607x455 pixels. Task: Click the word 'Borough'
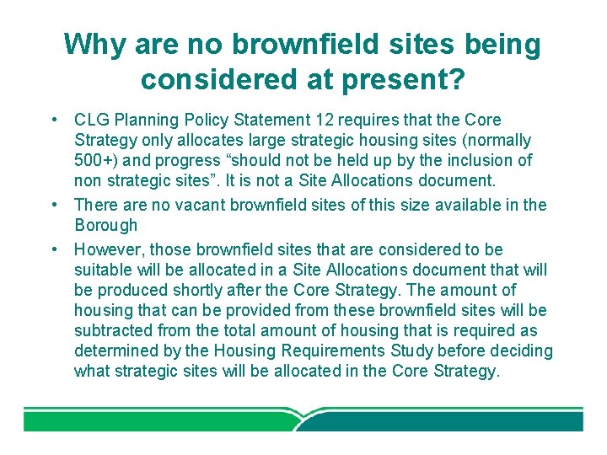click(x=105, y=225)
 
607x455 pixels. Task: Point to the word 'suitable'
click(x=103, y=270)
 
